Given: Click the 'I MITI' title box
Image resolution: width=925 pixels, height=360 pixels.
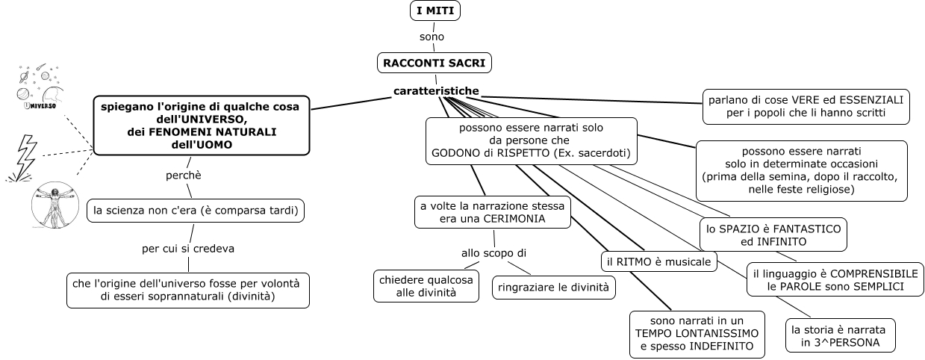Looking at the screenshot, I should point(435,11).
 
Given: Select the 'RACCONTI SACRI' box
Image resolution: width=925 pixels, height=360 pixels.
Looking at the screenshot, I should point(435,63).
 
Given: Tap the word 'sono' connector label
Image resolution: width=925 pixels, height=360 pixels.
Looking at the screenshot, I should point(432,37).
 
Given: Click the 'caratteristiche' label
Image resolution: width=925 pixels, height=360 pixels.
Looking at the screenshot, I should point(436,91).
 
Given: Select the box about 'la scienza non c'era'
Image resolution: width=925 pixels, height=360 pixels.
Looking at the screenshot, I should point(196,211).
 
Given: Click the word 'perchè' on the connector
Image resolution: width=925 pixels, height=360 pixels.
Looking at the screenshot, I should point(184,176).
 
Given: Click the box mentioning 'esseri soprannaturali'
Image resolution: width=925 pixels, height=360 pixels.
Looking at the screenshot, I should point(187,291).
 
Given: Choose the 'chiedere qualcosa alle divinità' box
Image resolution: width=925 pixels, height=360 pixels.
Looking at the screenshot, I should point(426,285).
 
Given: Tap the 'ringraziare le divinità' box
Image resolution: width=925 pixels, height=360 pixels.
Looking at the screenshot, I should point(553,287).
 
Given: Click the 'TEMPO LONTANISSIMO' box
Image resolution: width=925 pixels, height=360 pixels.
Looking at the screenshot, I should point(697,332).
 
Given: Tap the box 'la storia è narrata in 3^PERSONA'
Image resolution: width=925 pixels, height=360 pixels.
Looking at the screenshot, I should point(840,335).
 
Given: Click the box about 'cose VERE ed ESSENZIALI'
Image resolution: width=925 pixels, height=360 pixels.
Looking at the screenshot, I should point(806,107).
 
